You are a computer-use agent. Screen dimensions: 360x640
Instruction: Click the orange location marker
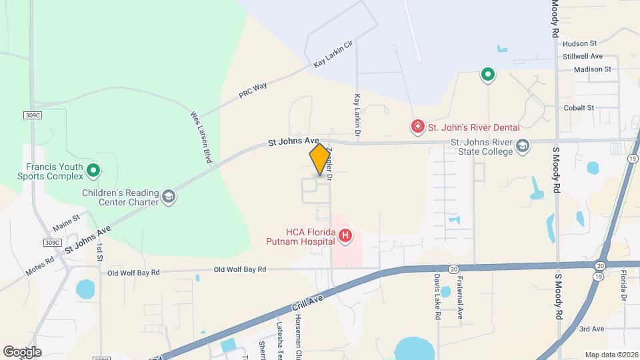coord(320,159)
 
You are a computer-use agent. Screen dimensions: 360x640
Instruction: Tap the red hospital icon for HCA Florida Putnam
coord(345,235)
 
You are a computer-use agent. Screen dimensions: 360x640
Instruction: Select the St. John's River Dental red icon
coord(417,127)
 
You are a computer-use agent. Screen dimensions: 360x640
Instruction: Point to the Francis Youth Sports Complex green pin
coord(93,171)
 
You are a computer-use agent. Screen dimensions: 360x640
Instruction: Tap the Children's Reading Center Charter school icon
coord(169,196)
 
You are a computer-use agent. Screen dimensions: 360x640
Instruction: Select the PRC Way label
coord(253,91)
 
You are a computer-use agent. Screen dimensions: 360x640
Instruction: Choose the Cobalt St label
coord(579,107)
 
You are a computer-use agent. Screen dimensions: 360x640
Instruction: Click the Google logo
coord(22,351)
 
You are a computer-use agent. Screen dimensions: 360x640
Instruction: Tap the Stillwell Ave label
coord(582,56)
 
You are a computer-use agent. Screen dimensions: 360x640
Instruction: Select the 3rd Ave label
coord(591,329)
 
